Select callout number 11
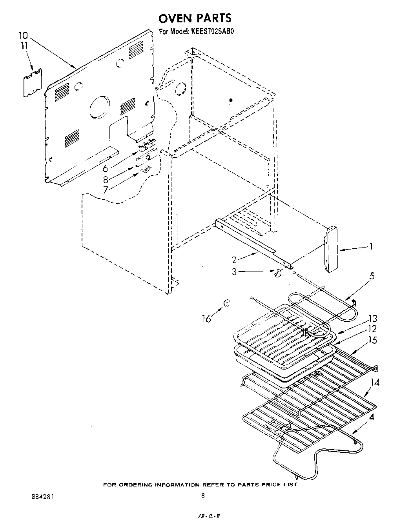click(24, 46)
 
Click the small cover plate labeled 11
click(33, 82)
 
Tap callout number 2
click(234, 259)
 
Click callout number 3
click(234, 271)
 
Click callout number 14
click(375, 382)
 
